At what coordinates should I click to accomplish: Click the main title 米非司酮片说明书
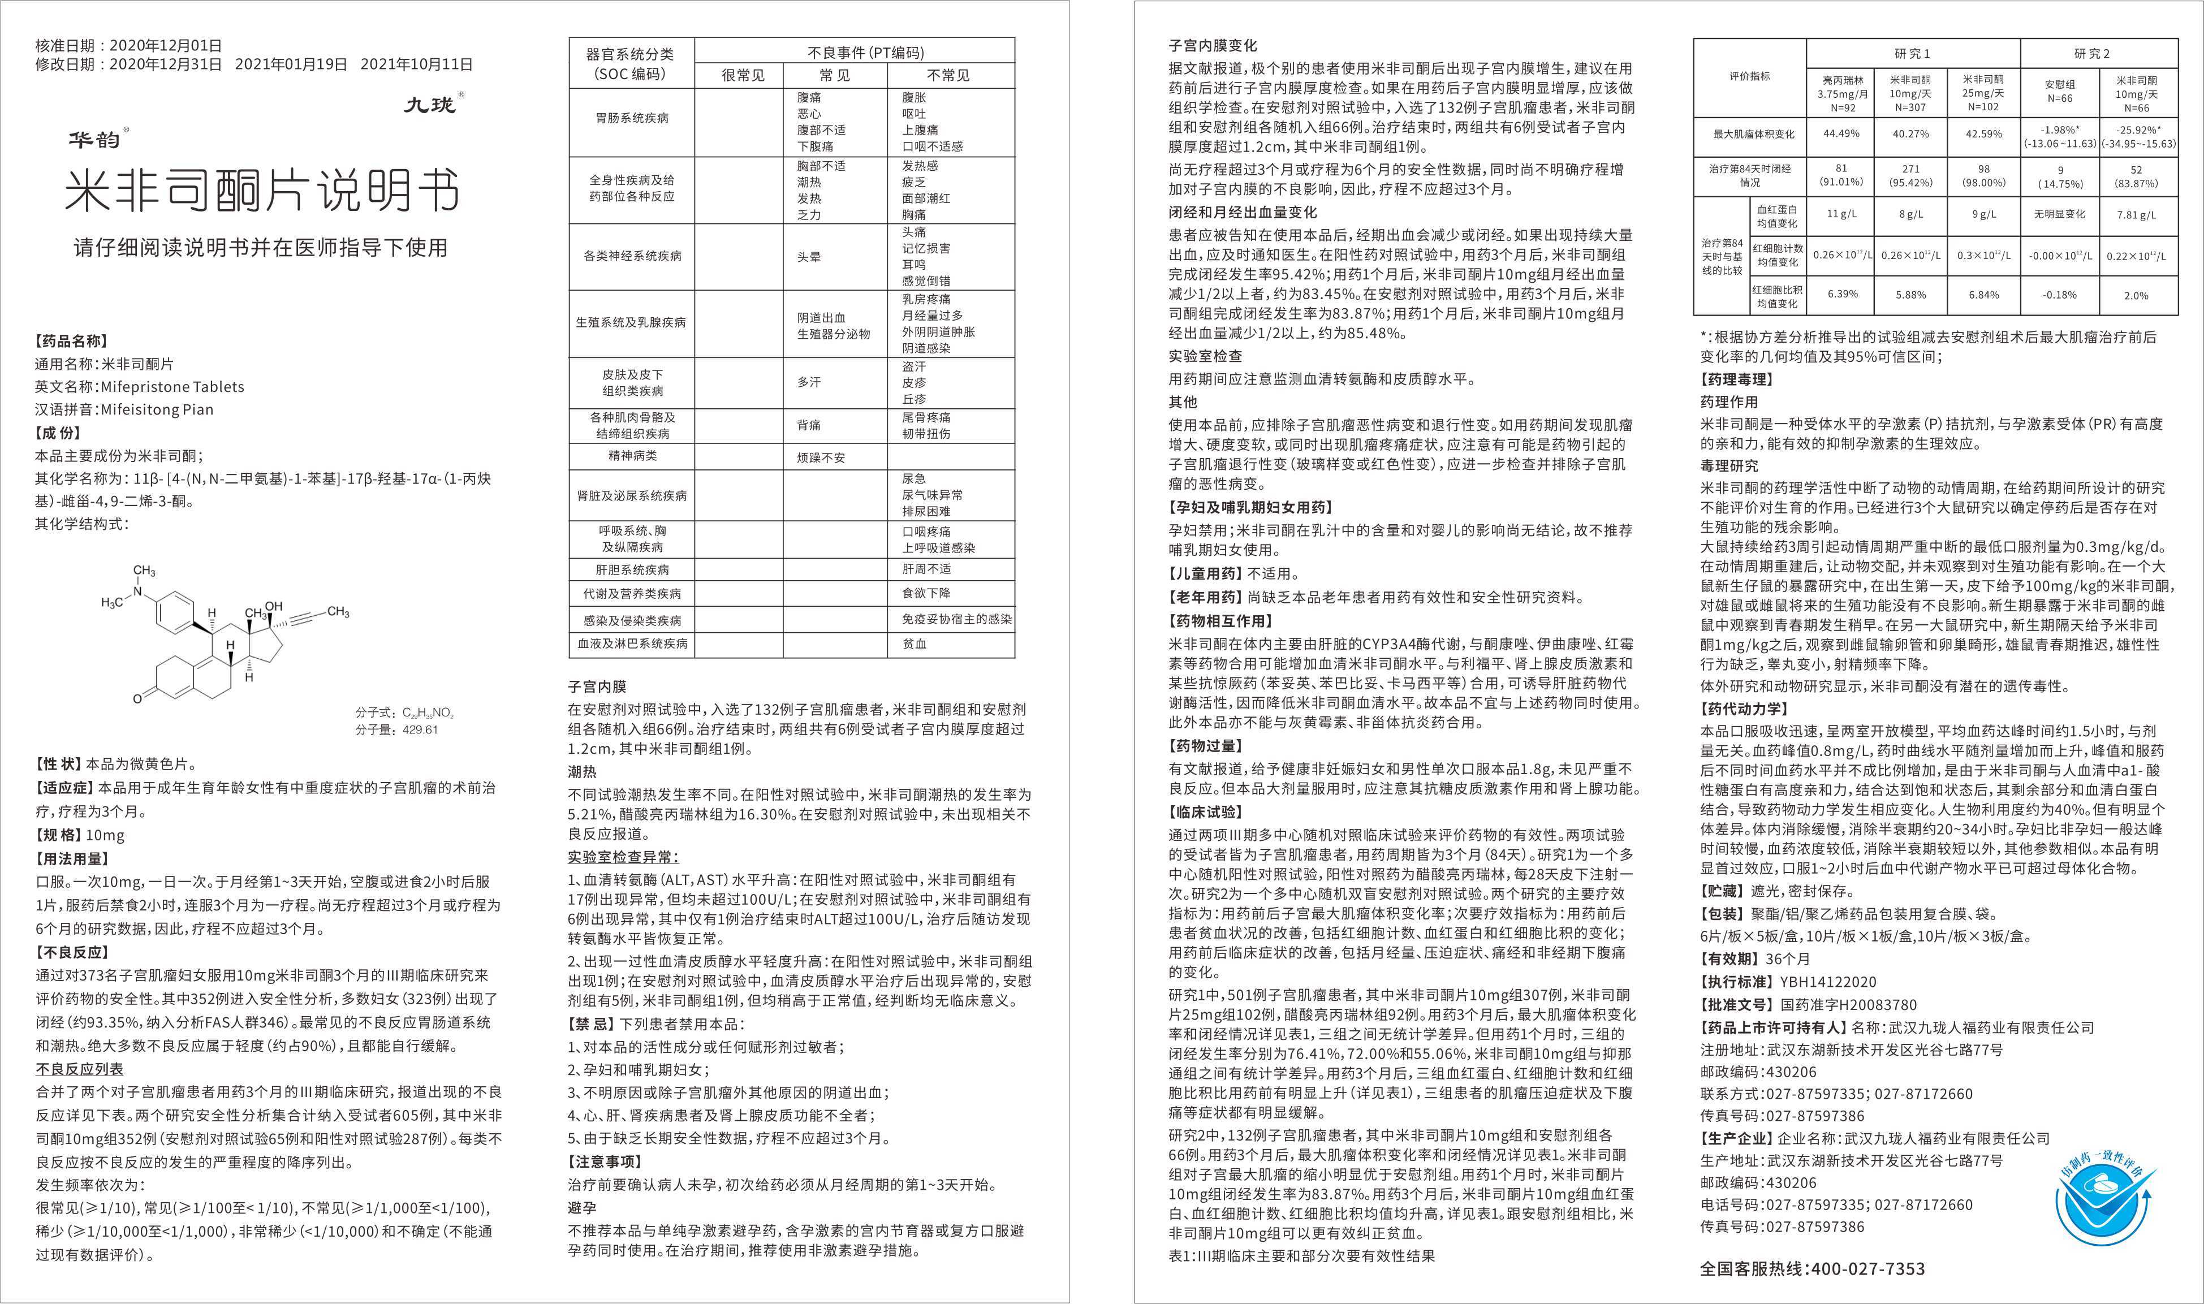pos(262,189)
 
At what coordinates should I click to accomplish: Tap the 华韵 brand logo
pos(96,139)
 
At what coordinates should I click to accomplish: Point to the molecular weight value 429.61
pos(420,729)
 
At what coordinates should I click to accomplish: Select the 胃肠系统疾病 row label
pos(631,118)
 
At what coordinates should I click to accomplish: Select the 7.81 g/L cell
pos(2136,214)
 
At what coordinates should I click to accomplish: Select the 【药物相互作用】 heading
pos(1220,620)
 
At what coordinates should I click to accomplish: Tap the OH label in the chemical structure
pos(274,606)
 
